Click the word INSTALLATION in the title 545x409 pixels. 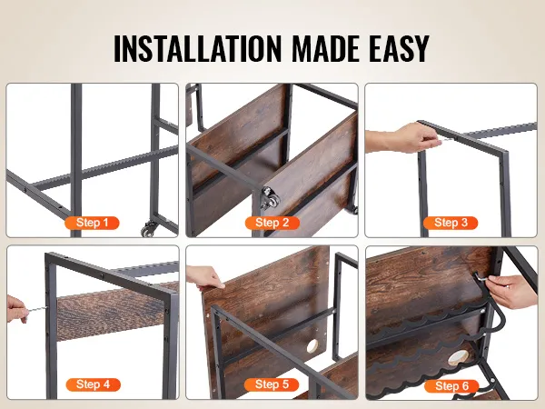[x=197, y=48]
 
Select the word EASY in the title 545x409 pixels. [x=399, y=48]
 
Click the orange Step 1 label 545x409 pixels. [x=92, y=223]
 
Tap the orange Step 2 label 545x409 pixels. [x=272, y=223]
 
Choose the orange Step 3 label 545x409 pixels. [x=451, y=223]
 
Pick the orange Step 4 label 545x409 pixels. [x=94, y=384]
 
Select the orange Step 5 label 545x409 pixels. [x=272, y=384]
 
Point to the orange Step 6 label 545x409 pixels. [x=451, y=385]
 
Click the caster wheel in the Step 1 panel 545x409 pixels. [x=147, y=229]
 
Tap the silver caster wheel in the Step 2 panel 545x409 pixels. [x=271, y=198]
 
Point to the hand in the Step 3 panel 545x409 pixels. [x=400, y=138]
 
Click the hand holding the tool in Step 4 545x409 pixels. [x=16, y=309]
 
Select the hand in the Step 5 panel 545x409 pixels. [x=205, y=277]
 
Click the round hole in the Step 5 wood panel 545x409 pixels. [x=312, y=346]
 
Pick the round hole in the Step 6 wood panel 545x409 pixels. [x=458, y=358]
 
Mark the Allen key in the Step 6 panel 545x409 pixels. [x=482, y=277]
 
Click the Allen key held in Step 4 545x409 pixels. [x=36, y=309]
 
